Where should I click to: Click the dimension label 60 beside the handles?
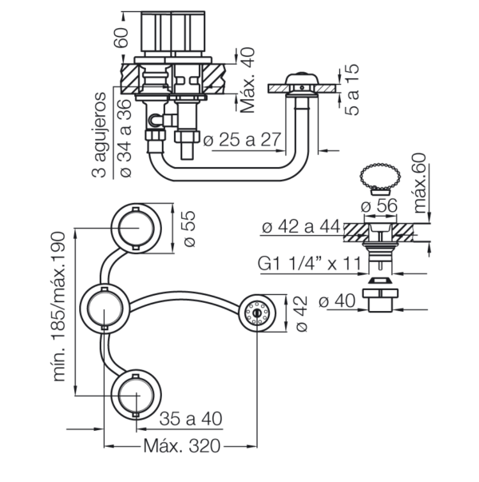pyautogui.click(x=121, y=38)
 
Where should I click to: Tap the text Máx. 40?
pyautogui.click(x=247, y=80)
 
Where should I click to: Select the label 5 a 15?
pyautogui.click(x=352, y=90)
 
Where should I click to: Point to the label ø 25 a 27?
pyautogui.click(x=243, y=140)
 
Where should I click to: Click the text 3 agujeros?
pyautogui.click(x=99, y=135)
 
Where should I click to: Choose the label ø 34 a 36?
pyautogui.click(x=125, y=137)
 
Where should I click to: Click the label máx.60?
pyautogui.click(x=420, y=183)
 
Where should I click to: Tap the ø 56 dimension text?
pyautogui.click(x=379, y=205)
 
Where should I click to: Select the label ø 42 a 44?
pyautogui.click(x=301, y=227)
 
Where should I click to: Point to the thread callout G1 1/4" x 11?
pyautogui.click(x=310, y=264)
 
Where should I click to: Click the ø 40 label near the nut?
pyautogui.click(x=337, y=301)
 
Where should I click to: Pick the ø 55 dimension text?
pyautogui.click(x=190, y=229)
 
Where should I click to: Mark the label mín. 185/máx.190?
pyautogui.click(x=59, y=306)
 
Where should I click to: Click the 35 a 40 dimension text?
pyautogui.click(x=191, y=418)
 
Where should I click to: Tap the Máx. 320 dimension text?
pyautogui.click(x=182, y=446)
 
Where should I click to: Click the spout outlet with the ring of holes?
pyautogui.click(x=257, y=313)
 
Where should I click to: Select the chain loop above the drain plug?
pyautogui.click(x=380, y=177)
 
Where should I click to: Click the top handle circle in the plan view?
pyautogui.click(x=136, y=229)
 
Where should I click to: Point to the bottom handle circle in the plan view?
pyautogui.click(x=136, y=396)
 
